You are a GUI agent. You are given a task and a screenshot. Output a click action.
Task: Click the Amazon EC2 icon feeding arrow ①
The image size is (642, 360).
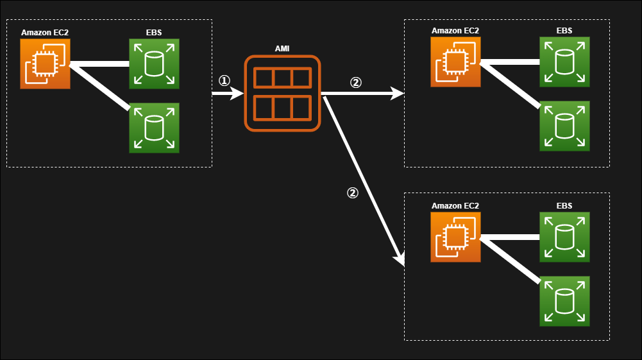(x=45, y=64)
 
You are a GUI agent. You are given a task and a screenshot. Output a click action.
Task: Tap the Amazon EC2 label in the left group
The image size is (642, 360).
(x=45, y=33)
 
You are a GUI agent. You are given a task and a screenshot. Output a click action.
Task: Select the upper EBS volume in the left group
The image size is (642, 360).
(x=154, y=64)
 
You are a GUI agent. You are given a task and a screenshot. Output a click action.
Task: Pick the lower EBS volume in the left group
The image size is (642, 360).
(x=154, y=128)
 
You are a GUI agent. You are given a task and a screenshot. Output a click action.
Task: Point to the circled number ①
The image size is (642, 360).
(x=224, y=81)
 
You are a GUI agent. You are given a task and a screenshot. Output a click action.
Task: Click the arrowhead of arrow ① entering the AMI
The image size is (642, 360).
(x=239, y=94)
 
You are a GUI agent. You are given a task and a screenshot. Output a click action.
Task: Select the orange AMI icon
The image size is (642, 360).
(x=282, y=94)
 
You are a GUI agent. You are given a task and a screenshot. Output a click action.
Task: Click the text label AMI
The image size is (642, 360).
(x=282, y=49)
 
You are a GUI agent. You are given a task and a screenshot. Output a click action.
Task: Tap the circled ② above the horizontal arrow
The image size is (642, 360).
(x=355, y=83)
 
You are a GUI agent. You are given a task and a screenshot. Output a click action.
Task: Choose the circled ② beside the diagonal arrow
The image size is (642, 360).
(x=352, y=193)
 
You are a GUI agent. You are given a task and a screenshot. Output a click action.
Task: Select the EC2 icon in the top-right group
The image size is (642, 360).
(x=455, y=62)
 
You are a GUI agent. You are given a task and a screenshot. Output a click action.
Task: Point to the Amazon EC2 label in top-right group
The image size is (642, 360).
(x=455, y=30)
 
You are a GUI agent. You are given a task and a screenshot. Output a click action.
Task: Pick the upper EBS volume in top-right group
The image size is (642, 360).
(x=564, y=62)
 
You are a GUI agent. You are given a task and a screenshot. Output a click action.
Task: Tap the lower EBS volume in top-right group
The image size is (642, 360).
(x=564, y=126)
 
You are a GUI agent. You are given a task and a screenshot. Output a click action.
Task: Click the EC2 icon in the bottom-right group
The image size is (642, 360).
(x=455, y=237)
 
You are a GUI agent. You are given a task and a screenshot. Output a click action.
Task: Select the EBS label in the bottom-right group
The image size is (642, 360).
(x=564, y=206)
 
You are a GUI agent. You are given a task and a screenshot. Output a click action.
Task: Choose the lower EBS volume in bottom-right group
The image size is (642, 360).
(x=564, y=301)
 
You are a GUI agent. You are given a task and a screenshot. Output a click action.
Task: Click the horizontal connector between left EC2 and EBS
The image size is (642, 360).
(x=99, y=64)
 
